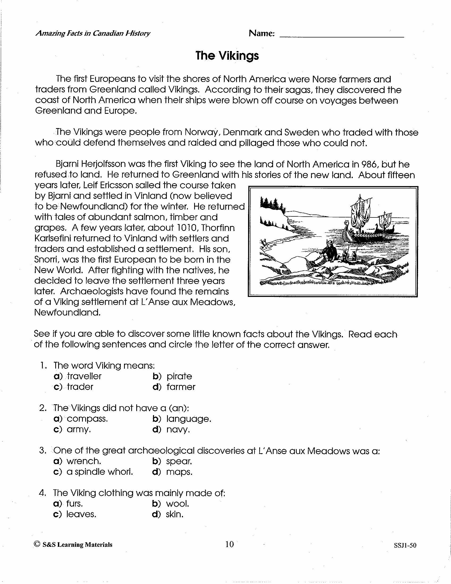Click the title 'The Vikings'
pos(227,56)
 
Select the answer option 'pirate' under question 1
pos(179,376)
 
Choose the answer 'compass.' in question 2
pos(87,419)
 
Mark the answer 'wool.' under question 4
pos(177,504)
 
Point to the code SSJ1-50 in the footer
pos(405,545)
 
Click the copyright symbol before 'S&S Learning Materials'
pos(37,544)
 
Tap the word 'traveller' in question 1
pos(84,376)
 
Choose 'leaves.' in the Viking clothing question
pos(81,514)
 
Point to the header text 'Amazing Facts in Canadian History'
pos(93,33)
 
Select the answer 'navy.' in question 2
pos(178,430)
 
